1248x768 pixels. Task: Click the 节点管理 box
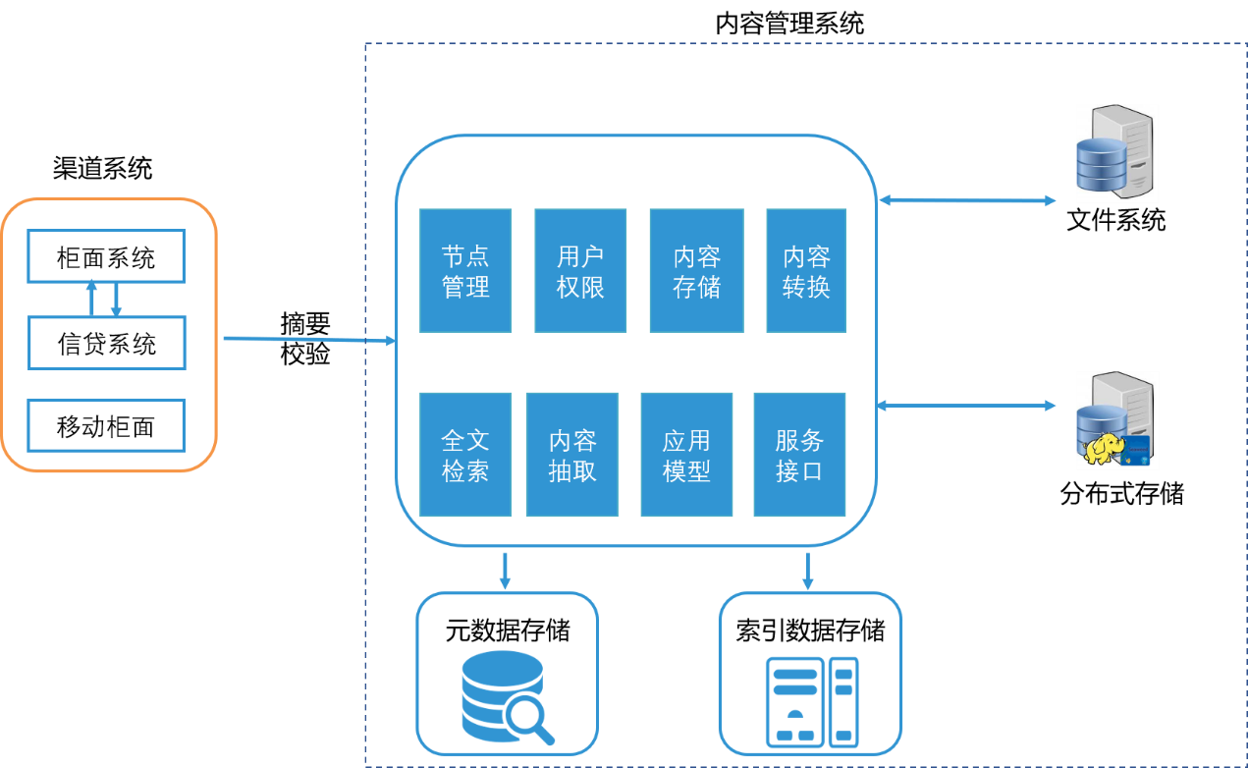pyautogui.click(x=465, y=270)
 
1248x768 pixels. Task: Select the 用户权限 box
pyautogui.click(x=580, y=270)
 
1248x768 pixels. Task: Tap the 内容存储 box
pyautogui.click(x=696, y=270)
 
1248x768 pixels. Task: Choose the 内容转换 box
pyautogui.click(x=806, y=270)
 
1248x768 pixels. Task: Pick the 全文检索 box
pyautogui.click(x=465, y=455)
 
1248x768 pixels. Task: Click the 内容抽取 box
pyautogui.click(x=572, y=455)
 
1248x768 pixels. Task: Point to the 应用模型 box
pyautogui.click(x=686, y=455)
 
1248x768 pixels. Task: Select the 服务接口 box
pyautogui.click(x=799, y=455)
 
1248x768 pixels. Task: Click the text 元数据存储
pyautogui.click(x=508, y=630)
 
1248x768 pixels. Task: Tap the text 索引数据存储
pyautogui.click(x=810, y=630)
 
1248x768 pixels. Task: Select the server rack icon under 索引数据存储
pyautogui.click(x=811, y=700)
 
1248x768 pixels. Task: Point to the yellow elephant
pyautogui.click(x=1105, y=449)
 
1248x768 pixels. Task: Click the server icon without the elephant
pyautogui.click(x=1117, y=153)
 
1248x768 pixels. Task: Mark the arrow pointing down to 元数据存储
pyautogui.click(x=505, y=571)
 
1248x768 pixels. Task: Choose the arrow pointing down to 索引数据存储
pyautogui.click(x=808, y=571)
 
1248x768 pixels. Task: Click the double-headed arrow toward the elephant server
pyautogui.click(x=966, y=405)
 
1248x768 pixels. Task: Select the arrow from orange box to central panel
pyautogui.click(x=309, y=340)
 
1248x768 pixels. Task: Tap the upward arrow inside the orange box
pyautogui.click(x=91, y=297)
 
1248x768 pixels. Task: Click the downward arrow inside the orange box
pyautogui.click(x=116, y=301)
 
